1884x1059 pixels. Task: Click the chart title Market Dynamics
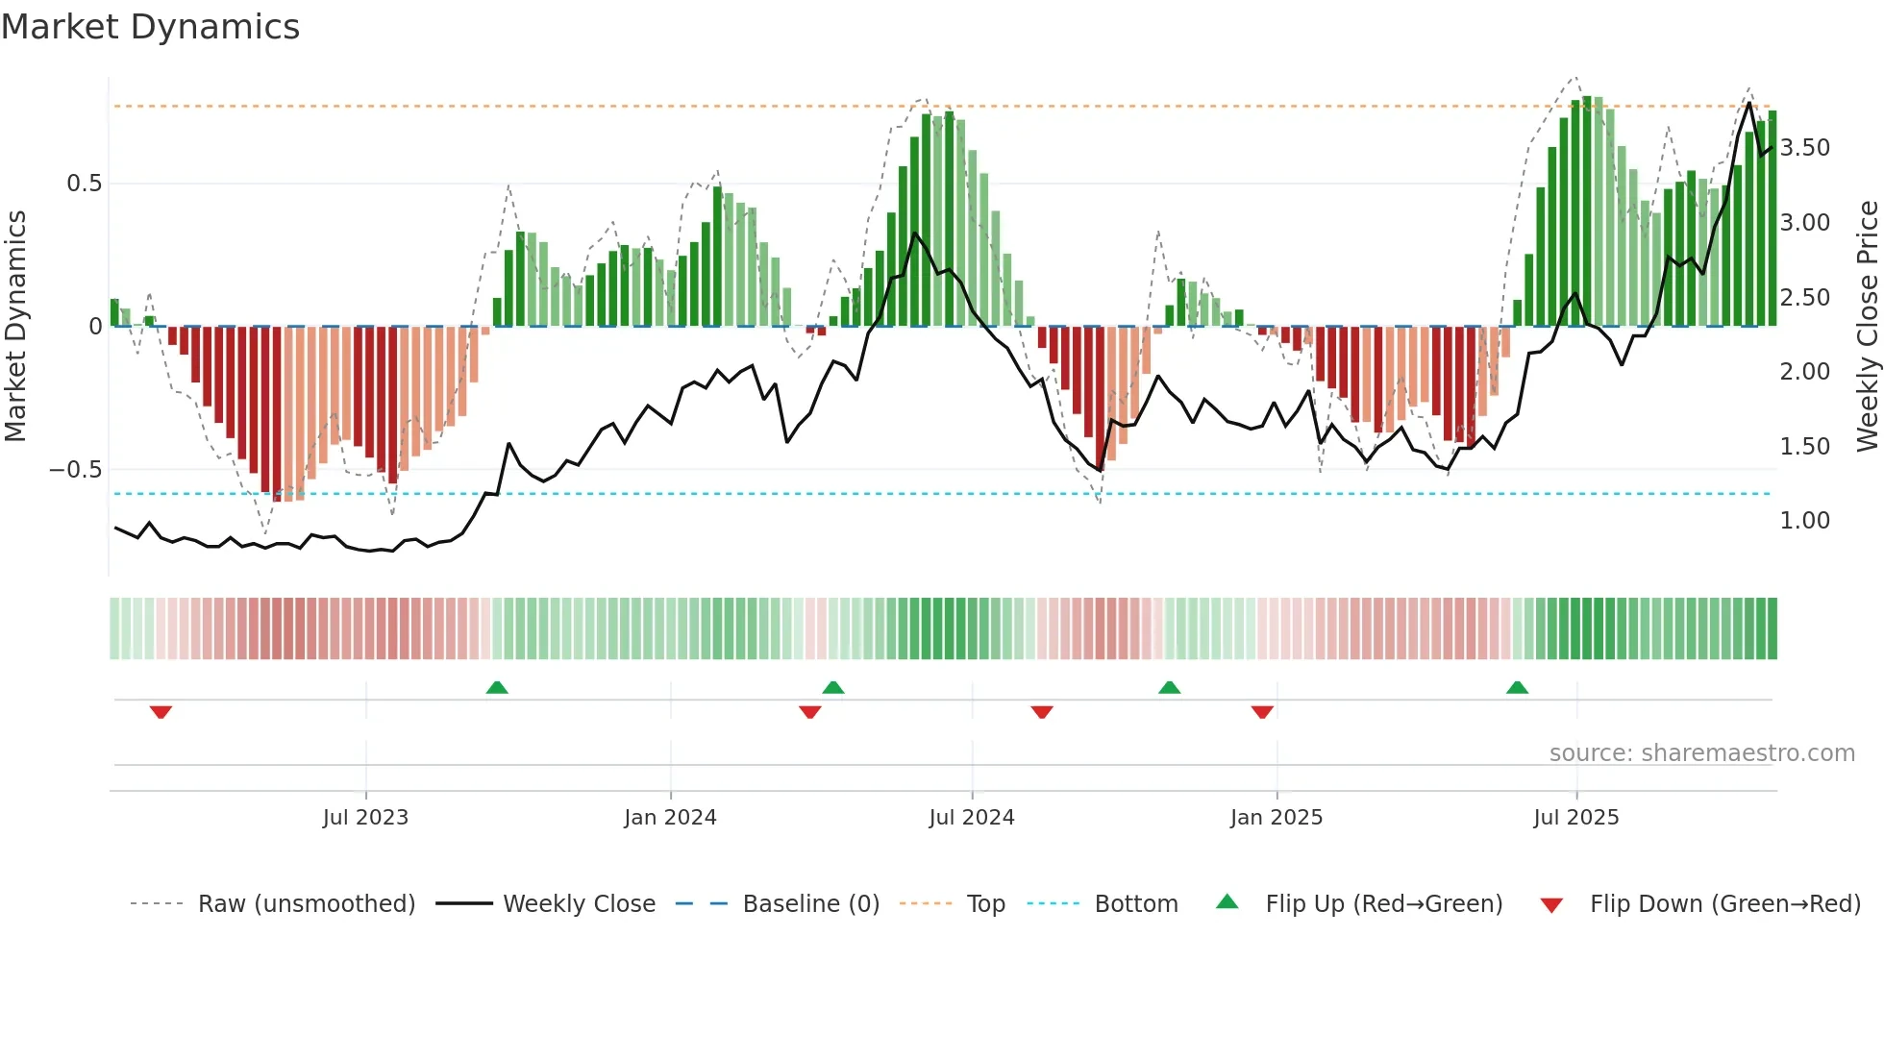pos(151,27)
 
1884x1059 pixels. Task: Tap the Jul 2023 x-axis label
pos(365,818)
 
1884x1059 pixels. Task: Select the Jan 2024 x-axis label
pos(670,818)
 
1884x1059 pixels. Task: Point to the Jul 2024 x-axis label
pos(972,818)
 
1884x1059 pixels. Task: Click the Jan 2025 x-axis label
pos(1277,818)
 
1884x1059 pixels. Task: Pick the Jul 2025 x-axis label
pos(1576,818)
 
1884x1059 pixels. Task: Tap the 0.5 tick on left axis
pos(85,184)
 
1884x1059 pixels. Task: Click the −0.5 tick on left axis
pos(76,470)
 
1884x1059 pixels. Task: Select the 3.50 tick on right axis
pos(1805,148)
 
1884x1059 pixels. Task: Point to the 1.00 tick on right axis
pos(1805,521)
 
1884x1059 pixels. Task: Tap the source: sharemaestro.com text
pos(1701,753)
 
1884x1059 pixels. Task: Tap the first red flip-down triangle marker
pos(161,712)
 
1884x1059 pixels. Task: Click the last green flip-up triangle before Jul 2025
pos(1517,687)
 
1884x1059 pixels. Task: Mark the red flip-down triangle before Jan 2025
pos(1262,712)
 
